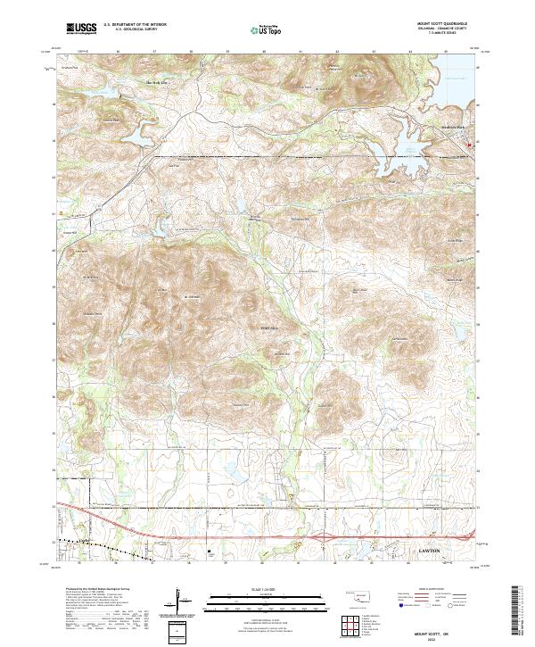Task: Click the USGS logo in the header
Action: [81, 29]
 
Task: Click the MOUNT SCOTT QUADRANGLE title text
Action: [442, 22]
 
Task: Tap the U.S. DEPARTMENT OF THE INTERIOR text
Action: [134, 25]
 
